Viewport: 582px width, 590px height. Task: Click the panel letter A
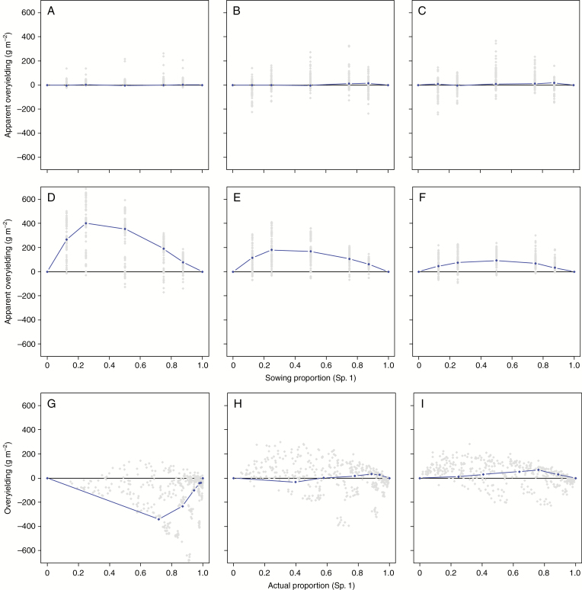click(50, 11)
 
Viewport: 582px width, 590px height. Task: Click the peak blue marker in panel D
click(86, 223)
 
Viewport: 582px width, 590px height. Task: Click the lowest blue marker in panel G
click(158, 519)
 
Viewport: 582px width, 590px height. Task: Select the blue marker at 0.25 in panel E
click(272, 250)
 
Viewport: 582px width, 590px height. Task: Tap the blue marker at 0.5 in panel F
click(497, 261)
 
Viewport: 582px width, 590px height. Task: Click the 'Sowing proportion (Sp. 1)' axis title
click(311, 377)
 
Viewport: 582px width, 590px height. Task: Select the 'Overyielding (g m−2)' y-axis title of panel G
click(8, 478)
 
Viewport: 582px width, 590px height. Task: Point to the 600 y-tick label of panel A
click(25, 13)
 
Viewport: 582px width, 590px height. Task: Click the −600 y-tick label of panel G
click(24, 550)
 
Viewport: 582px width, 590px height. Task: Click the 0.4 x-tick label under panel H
click(295, 569)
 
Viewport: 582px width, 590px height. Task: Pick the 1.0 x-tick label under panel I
click(574, 569)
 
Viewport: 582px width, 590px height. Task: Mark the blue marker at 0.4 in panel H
click(296, 483)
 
